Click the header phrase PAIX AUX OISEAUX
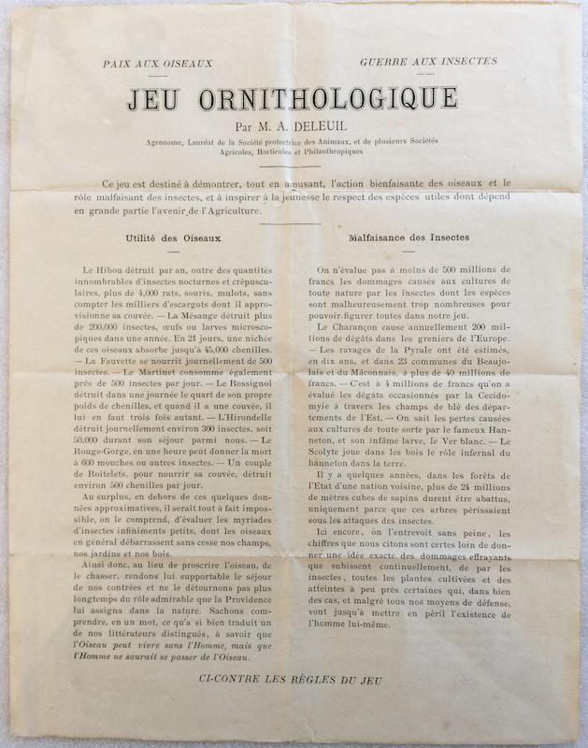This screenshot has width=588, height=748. [158, 64]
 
